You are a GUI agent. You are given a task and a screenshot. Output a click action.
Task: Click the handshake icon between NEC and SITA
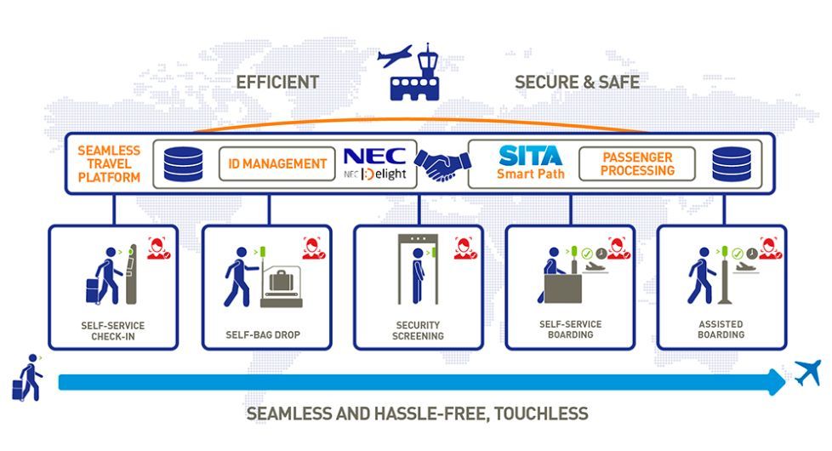tap(442, 164)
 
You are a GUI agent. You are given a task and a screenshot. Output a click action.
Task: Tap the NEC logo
tap(374, 156)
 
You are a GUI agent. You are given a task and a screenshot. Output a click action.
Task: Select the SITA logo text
tap(530, 156)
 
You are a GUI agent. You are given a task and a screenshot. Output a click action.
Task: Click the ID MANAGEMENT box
tap(277, 164)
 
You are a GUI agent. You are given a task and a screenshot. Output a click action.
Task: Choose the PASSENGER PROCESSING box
tap(636, 164)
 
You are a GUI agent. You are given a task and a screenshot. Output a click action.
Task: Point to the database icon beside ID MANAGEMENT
tap(183, 164)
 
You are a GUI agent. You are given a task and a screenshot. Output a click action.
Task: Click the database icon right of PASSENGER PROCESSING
tap(732, 164)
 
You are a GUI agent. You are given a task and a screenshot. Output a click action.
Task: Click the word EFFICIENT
tap(277, 83)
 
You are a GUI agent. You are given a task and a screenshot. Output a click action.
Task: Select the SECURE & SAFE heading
tap(577, 83)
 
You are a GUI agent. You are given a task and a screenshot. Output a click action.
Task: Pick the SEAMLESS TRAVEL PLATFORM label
tap(109, 164)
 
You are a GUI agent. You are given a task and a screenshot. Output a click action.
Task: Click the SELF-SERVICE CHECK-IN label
tap(112, 330)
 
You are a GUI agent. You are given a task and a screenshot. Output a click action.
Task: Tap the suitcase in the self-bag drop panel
tap(282, 281)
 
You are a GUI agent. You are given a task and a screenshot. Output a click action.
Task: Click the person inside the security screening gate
tap(419, 275)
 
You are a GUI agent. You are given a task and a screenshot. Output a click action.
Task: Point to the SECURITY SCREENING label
tap(418, 330)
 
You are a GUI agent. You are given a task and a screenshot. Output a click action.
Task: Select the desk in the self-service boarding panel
tap(563, 288)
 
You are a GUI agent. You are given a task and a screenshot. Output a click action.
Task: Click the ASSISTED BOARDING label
tap(721, 329)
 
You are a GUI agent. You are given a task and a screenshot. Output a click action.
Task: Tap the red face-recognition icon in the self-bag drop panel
tap(314, 248)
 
